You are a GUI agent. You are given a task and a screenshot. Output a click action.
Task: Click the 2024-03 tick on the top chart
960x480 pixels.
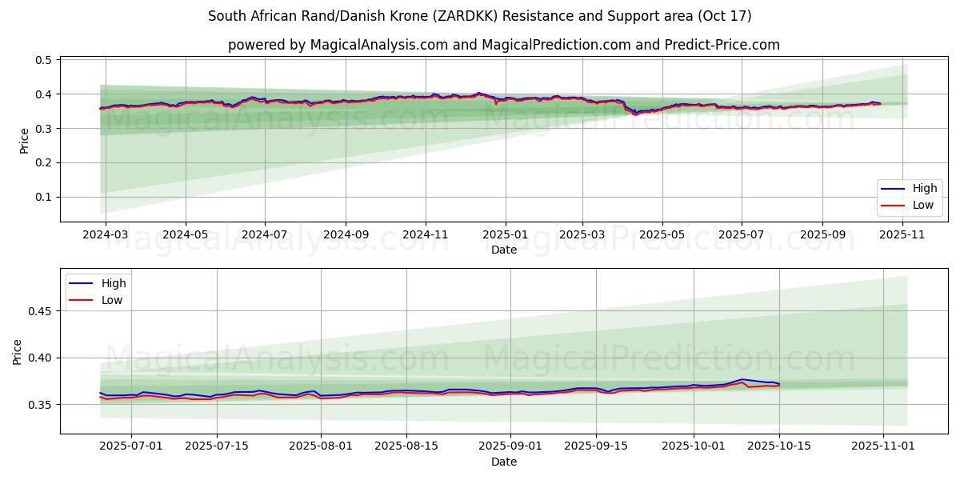point(104,235)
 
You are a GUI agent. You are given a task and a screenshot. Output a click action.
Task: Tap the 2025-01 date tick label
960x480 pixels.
point(504,235)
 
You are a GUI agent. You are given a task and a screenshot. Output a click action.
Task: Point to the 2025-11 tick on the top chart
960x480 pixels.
point(904,235)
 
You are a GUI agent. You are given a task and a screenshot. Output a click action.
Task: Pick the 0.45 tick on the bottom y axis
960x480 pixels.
point(40,310)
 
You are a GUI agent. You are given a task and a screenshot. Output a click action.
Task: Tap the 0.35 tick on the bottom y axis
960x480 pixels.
point(40,405)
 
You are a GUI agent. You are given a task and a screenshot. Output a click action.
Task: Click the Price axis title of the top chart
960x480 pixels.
point(24,141)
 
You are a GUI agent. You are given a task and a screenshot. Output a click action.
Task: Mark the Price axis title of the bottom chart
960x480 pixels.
point(18,351)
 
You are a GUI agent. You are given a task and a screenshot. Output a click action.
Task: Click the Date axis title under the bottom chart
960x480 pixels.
point(504,462)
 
